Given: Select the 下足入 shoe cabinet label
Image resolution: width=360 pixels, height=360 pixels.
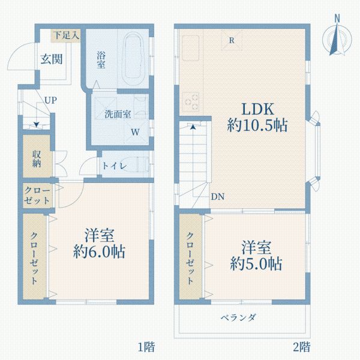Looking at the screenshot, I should click(65, 35).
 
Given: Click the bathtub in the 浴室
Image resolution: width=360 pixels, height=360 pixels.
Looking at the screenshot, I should click(133, 58).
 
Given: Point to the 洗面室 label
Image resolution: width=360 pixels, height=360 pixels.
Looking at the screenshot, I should click(118, 113).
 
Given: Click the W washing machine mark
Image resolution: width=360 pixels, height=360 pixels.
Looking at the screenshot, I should click(136, 131).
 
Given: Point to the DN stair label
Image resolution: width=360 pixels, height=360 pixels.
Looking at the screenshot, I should click(218, 197).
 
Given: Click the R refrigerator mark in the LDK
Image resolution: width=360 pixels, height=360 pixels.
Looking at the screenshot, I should click(232, 41).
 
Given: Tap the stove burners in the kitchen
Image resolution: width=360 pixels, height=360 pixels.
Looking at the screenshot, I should click(192, 101).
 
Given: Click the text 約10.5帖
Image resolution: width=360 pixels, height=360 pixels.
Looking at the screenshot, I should click(257, 125).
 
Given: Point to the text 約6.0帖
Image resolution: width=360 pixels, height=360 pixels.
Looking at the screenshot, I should click(100, 251).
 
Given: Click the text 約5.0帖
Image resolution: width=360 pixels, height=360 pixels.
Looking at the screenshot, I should click(257, 263).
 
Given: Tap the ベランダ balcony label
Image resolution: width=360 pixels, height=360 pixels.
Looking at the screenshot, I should click(238, 317).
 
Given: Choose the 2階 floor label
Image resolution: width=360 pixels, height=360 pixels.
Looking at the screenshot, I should click(301, 346).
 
